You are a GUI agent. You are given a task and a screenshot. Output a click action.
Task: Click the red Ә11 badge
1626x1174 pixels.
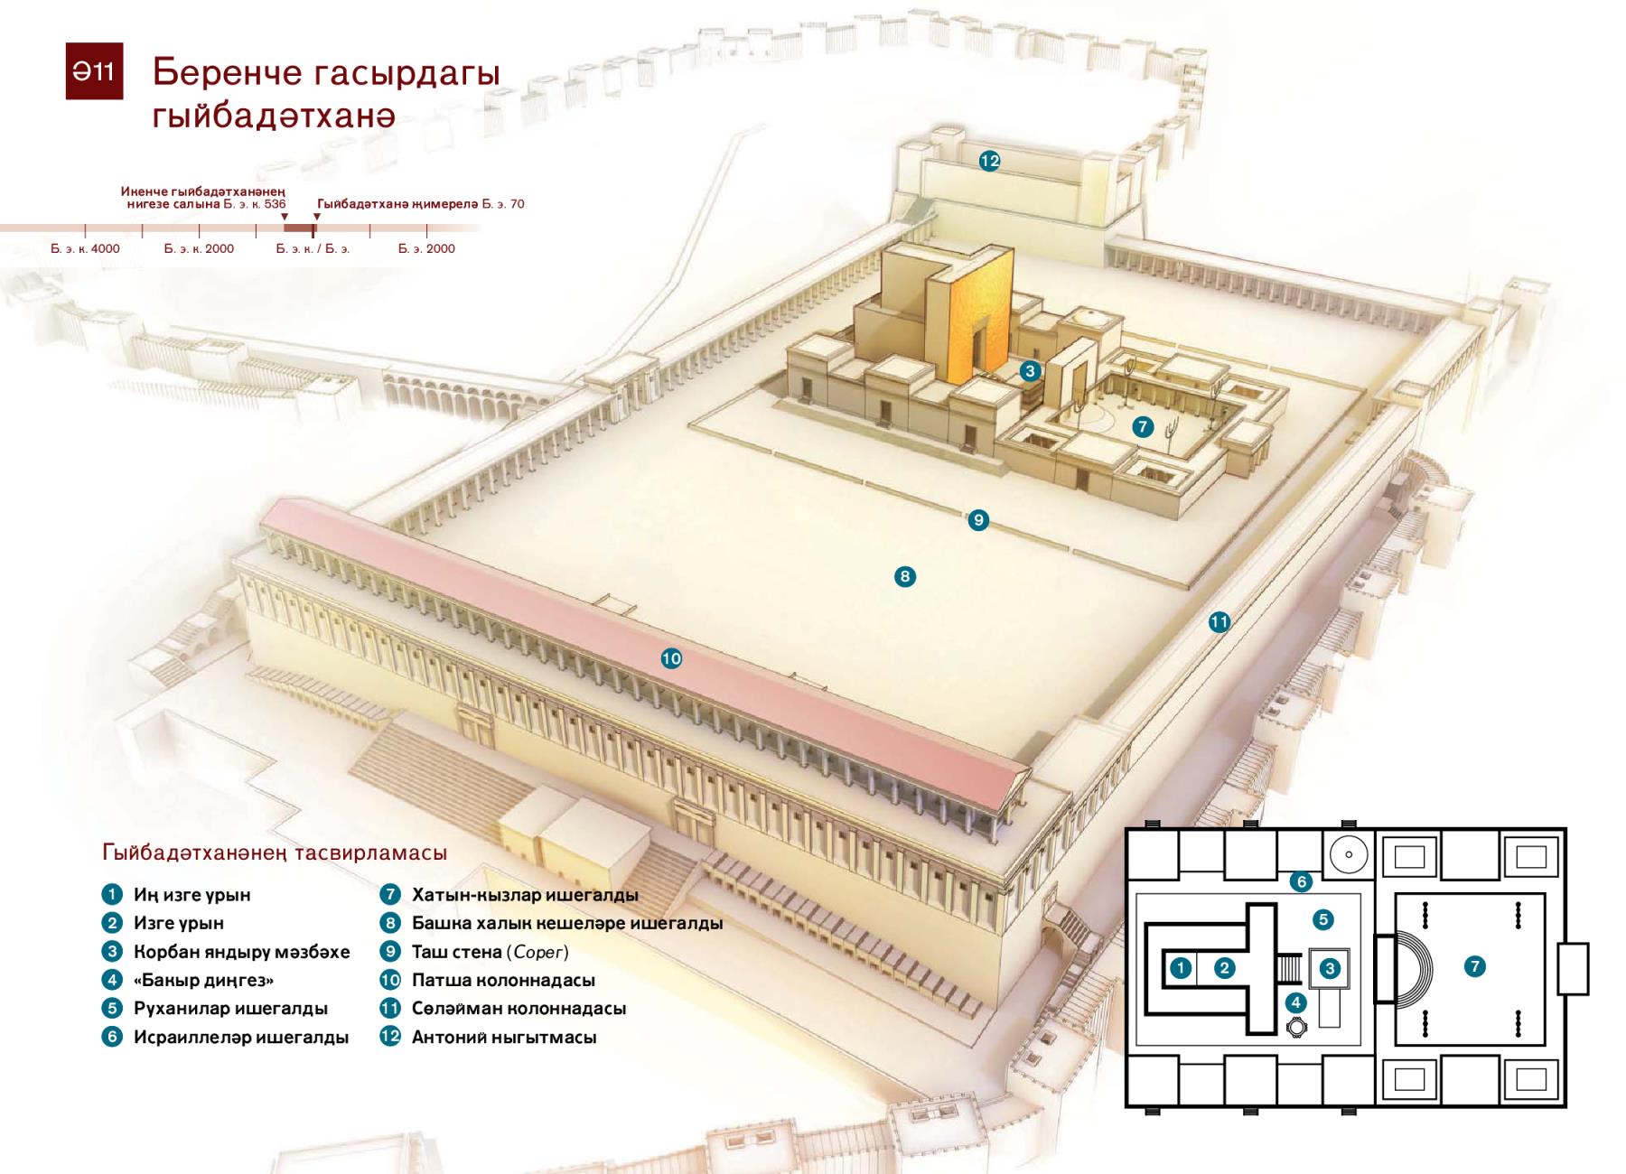tap(94, 70)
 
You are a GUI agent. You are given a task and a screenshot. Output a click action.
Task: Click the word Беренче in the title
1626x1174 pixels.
tap(227, 72)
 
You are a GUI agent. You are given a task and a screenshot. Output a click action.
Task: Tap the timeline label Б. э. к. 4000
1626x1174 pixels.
tap(85, 248)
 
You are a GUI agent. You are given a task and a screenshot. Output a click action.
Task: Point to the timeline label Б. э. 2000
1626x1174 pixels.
tap(426, 248)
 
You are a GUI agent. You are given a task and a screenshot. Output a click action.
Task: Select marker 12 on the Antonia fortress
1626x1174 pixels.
tap(989, 161)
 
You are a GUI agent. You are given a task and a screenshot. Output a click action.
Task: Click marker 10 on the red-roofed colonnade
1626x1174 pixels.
tap(671, 658)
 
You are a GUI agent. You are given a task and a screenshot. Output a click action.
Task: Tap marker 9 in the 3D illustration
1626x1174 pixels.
tap(977, 520)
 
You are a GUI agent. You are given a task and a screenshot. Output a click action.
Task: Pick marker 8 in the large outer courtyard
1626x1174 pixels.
tap(904, 576)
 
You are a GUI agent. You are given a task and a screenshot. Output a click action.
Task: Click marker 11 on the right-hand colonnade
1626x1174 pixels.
tap(1219, 621)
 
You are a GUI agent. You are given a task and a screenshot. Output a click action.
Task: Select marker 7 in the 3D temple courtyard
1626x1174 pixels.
tap(1143, 426)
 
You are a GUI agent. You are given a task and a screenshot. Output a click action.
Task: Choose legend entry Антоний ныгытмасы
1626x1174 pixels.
tap(504, 1037)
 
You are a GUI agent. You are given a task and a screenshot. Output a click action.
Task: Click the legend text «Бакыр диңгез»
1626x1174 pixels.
tap(203, 980)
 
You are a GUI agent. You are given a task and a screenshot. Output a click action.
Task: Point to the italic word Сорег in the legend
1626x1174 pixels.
tap(538, 952)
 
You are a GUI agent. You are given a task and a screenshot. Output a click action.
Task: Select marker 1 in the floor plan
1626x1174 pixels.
tap(1181, 968)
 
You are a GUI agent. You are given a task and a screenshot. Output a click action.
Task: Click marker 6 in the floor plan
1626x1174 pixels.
tap(1301, 881)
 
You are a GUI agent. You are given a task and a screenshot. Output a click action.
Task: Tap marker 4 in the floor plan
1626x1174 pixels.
tap(1296, 1002)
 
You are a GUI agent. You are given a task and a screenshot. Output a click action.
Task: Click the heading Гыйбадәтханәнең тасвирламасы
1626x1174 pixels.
tap(275, 853)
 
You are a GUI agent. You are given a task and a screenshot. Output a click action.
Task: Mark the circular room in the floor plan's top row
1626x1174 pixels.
tap(1348, 854)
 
